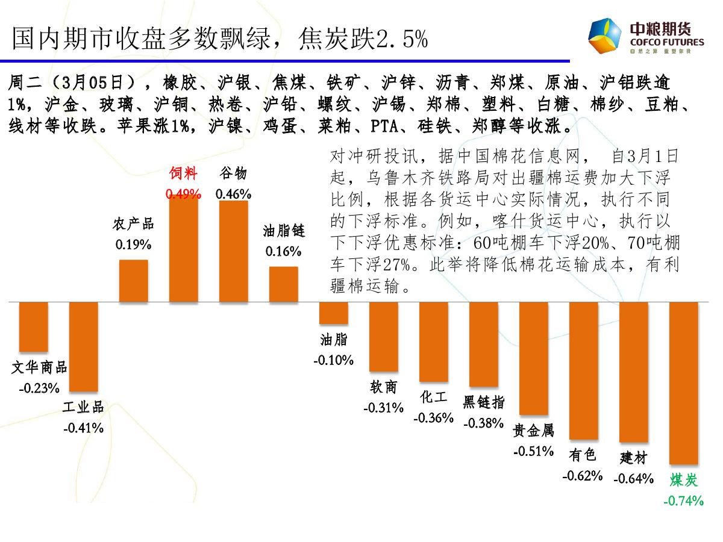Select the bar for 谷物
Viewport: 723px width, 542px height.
(x=233, y=251)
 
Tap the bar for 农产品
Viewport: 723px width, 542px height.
(x=134, y=281)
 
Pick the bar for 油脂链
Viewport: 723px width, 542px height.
(x=283, y=284)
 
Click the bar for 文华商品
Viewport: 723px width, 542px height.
(x=34, y=326)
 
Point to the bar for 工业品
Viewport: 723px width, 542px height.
(x=84, y=346)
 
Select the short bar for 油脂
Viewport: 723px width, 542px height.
(x=333, y=313)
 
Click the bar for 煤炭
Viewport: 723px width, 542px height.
(x=683, y=382)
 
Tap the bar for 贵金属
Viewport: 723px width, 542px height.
(x=533, y=358)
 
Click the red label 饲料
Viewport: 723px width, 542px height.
(x=183, y=174)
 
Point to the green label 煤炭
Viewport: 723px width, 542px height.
(x=683, y=480)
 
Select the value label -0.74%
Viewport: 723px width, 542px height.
(x=683, y=500)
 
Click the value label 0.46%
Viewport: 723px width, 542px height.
(x=233, y=194)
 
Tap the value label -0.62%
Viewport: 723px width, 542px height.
(x=583, y=476)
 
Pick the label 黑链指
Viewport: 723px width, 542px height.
(x=483, y=402)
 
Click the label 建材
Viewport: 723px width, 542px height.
(x=633, y=458)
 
